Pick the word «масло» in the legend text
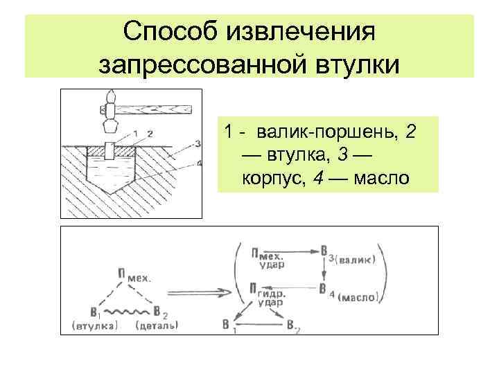[x=382, y=179]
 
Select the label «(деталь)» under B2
[x=159, y=324]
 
